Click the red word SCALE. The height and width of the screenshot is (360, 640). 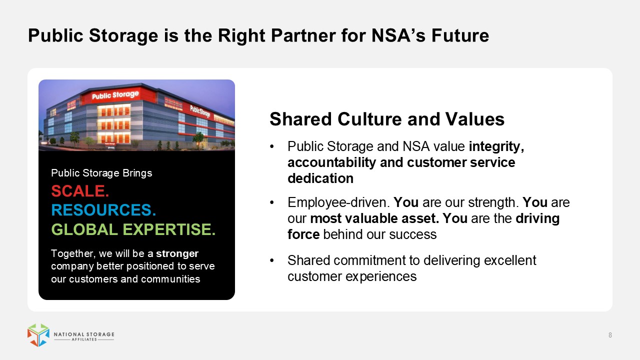80,191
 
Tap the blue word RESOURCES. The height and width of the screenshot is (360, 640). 103,210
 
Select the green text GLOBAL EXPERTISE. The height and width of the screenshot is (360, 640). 133,229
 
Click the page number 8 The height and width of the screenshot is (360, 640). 610,335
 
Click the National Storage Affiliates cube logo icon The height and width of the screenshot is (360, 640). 38,335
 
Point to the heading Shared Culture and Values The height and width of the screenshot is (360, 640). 387,119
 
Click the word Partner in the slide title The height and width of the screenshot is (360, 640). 303,35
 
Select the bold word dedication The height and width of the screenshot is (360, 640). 320,178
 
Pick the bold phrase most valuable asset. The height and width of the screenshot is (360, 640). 374,218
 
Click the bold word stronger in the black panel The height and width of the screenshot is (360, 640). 177,253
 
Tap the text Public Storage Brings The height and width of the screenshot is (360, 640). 101,173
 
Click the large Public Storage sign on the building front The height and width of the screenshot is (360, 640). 115,95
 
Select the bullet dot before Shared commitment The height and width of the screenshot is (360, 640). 271,260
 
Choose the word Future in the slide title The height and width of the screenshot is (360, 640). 460,35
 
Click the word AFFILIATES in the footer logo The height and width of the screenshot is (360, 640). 84,339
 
